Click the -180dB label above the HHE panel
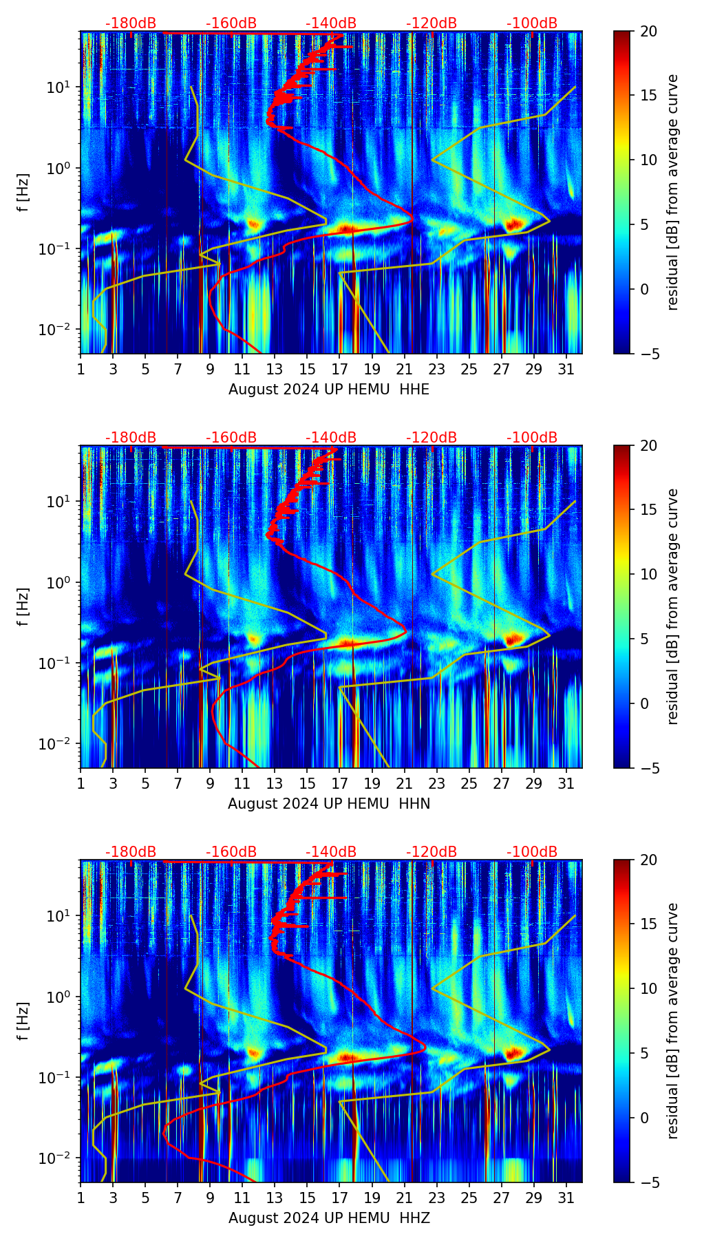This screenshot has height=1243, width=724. [131, 23]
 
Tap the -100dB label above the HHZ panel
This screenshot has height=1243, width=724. [532, 852]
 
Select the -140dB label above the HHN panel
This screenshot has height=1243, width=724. [331, 438]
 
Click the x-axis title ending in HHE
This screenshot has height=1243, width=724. [329, 390]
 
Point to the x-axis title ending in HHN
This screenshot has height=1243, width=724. [329, 804]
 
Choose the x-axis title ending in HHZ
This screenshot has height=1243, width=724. [329, 1218]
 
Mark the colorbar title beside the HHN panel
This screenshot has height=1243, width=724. [672, 606]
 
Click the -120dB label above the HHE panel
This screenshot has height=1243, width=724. [432, 23]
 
